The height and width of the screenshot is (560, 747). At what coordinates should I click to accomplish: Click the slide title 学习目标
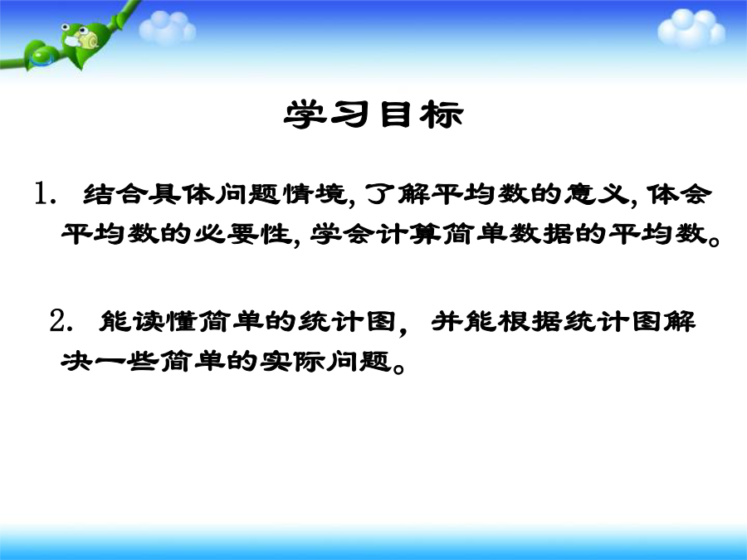tap(373, 114)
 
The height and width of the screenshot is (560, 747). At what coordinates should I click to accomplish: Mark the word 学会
tap(341, 233)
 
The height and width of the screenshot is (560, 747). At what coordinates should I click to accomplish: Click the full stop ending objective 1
tap(714, 241)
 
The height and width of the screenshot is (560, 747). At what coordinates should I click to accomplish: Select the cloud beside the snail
tap(167, 27)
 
